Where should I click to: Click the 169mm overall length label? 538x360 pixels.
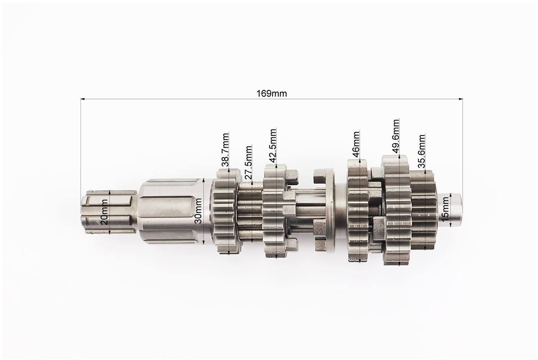pos(272,93)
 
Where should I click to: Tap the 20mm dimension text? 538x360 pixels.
pos(105,211)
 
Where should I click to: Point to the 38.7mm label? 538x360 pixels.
pos(225,150)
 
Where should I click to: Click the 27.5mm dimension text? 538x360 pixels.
pos(249,162)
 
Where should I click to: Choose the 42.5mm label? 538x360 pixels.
pos(273,145)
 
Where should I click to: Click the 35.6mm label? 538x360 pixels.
pos(421,151)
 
